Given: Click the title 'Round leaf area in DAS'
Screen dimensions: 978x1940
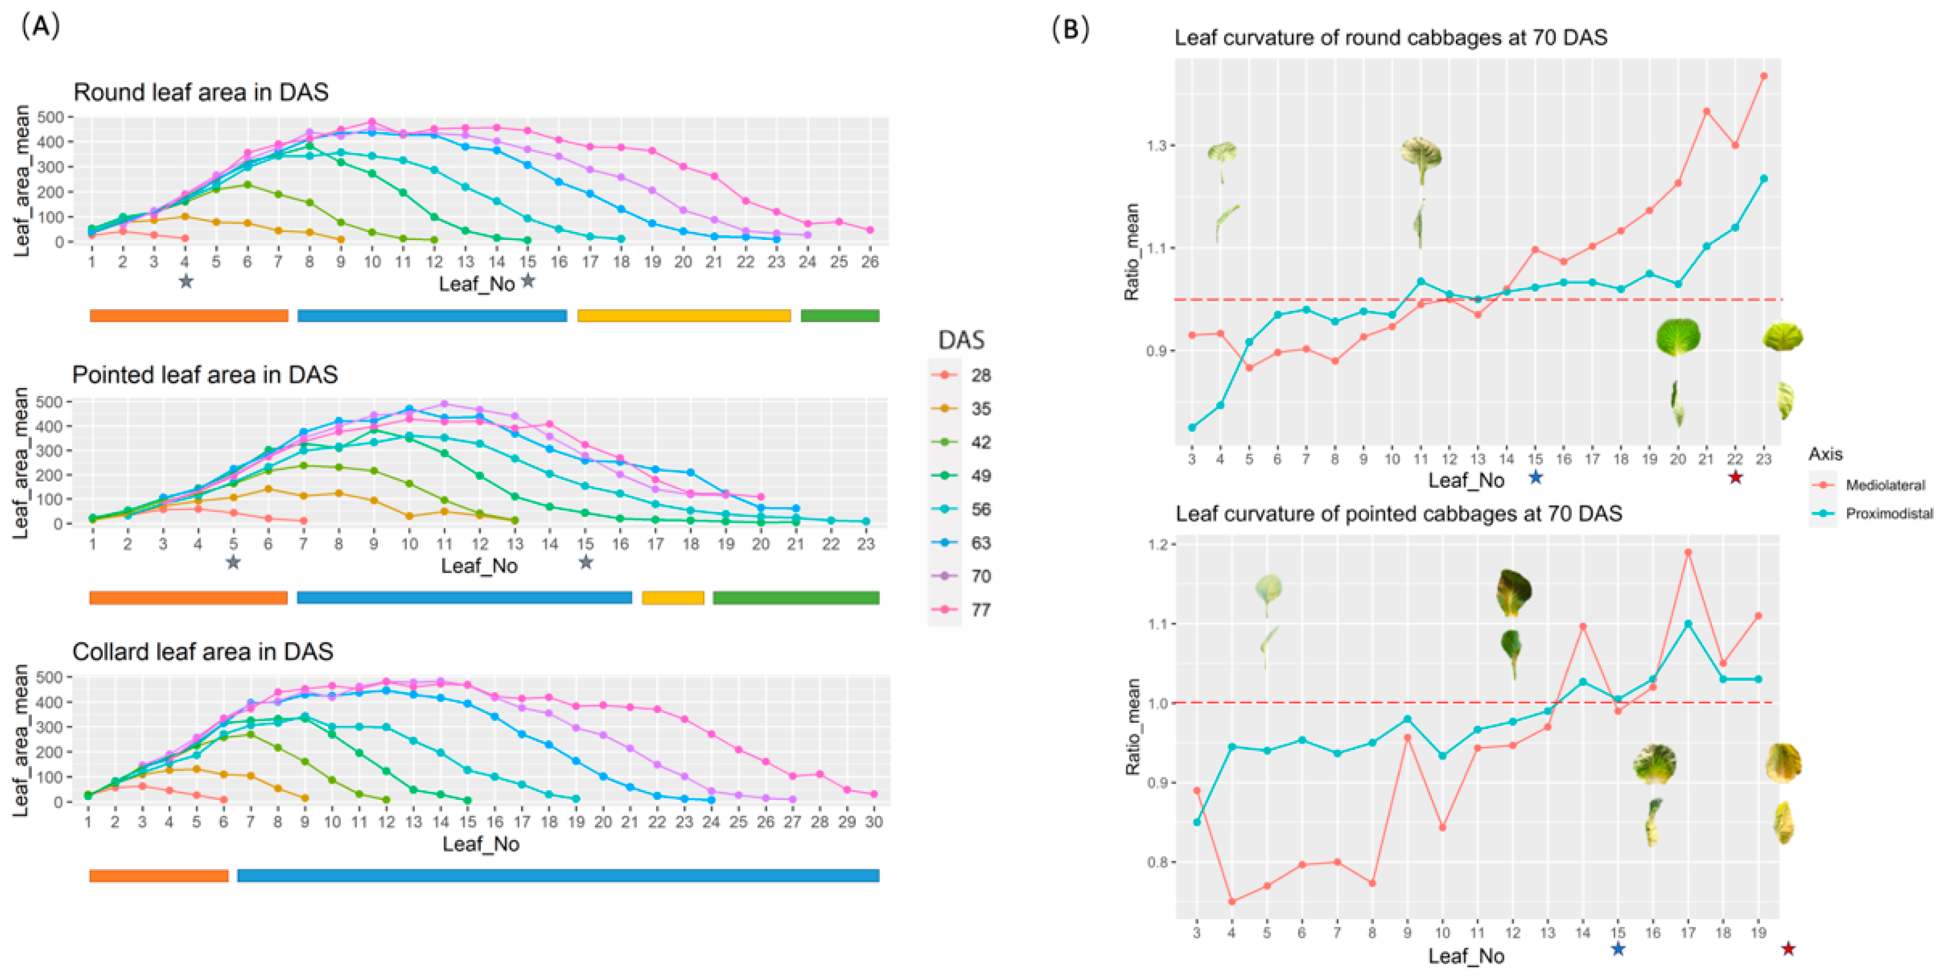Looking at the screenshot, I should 200,92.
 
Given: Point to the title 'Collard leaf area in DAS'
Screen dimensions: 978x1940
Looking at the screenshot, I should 203,651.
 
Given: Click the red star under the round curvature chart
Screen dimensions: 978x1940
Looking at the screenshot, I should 1735,477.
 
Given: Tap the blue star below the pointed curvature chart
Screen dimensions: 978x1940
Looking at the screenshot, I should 1618,949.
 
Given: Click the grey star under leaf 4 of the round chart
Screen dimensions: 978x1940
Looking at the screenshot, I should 186,281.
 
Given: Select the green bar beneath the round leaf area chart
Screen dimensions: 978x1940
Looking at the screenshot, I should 839,315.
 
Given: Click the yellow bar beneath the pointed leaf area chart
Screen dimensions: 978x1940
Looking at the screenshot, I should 673,598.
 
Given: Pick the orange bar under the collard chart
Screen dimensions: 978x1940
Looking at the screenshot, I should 158,876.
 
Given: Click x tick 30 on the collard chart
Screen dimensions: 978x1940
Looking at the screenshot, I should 874,822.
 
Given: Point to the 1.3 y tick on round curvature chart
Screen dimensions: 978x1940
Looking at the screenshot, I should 1157,145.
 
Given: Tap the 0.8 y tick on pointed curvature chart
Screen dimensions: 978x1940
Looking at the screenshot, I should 1157,862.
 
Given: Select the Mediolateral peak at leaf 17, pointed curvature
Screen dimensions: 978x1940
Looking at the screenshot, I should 1689,553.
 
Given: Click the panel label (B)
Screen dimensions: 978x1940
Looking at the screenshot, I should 1070,28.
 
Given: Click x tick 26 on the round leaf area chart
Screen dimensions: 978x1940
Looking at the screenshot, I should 870,262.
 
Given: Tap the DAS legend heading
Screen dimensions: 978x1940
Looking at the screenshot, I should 961,340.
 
